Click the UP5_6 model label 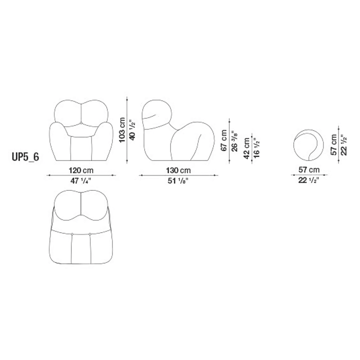25,157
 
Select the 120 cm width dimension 81,171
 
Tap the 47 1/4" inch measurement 81,181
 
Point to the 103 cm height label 122,130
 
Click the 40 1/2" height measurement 133,130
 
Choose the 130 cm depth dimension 178,171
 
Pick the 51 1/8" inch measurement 178,181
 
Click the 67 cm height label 224,140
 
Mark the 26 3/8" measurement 234,141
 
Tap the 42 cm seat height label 247,148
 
